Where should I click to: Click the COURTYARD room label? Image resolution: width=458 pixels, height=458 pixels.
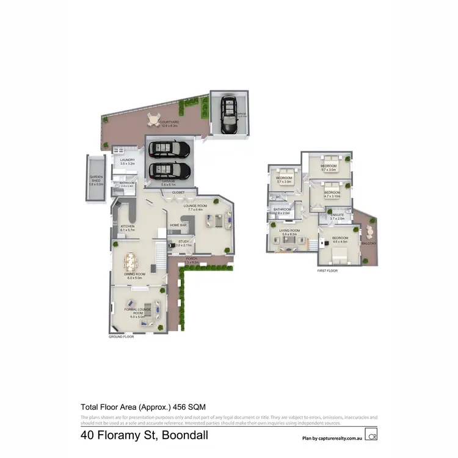(x=169, y=122)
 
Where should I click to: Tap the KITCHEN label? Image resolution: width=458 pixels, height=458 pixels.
(x=127, y=227)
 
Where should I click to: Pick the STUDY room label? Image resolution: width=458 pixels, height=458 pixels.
(x=184, y=241)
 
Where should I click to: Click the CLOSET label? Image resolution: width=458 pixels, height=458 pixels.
(x=178, y=192)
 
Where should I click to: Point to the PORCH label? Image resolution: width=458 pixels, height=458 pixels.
(x=192, y=258)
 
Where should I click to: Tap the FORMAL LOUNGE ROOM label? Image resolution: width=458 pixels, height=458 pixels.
(x=137, y=312)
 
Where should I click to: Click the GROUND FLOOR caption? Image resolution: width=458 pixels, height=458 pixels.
(x=120, y=336)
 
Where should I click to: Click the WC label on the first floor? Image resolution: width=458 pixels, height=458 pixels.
(x=278, y=197)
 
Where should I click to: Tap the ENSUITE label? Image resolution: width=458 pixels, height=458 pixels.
(x=338, y=215)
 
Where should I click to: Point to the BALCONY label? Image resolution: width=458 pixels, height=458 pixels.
(x=368, y=243)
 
